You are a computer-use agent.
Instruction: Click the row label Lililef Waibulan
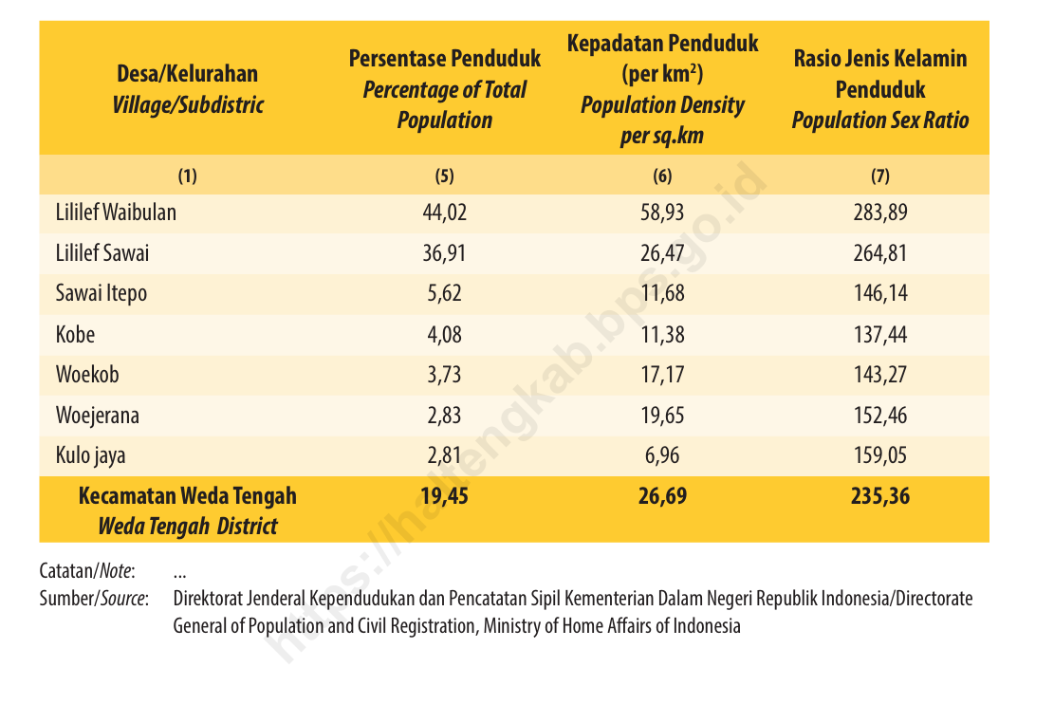tap(116, 213)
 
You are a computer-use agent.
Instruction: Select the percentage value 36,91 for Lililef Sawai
tap(444, 253)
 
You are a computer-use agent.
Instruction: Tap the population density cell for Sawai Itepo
tap(662, 294)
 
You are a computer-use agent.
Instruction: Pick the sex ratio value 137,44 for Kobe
tap(880, 335)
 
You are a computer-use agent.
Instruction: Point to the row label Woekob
tap(87, 375)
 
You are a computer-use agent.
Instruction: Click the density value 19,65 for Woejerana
tap(662, 416)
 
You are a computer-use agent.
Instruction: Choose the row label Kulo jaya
tap(90, 456)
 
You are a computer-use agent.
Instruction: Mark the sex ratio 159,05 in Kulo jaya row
tap(880, 456)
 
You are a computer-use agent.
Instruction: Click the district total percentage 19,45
tap(444, 496)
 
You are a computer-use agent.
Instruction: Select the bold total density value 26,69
tap(662, 496)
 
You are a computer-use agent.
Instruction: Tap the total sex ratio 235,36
tap(880, 496)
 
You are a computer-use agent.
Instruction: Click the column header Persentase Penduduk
tap(444, 59)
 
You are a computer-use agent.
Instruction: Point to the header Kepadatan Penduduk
tap(662, 44)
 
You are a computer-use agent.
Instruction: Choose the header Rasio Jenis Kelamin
tap(880, 59)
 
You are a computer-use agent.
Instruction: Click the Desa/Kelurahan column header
tap(187, 74)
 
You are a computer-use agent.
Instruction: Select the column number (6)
tap(662, 176)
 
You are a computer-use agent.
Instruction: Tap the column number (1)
tap(187, 176)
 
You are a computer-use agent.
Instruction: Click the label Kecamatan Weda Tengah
tap(187, 496)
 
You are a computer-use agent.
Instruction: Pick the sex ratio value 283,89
tap(880, 213)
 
